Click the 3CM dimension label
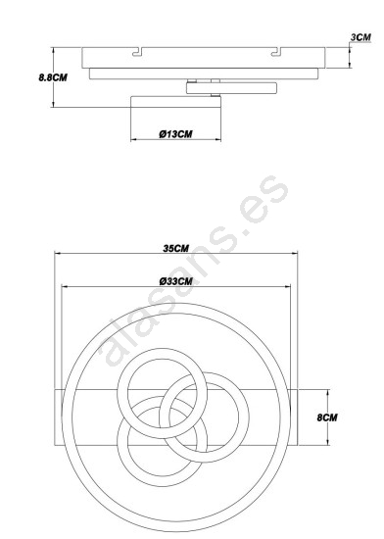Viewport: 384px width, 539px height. pyautogui.click(x=360, y=37)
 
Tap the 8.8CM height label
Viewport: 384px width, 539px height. pyautogui.click(x=53, y=77)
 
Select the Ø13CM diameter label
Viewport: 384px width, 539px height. pyautogui.click(x=175, y=134)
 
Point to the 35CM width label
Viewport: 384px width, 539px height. pyautogui.click(x=175, y=248)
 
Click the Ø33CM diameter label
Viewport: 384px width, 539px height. pyautogui.click(x=176, y=281)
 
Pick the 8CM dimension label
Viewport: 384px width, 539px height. pyautogui.click(x=327, y=417)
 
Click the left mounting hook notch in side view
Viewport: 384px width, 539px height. pyautogui.click(x=137, y=52)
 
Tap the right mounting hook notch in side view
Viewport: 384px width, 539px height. pyautogui.click(x=276, y=52)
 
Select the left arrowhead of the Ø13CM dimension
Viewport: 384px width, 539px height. pyautogui.click(x=134, y=139)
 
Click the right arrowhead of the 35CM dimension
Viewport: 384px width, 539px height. pyautogui.click(x=294, y=254)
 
